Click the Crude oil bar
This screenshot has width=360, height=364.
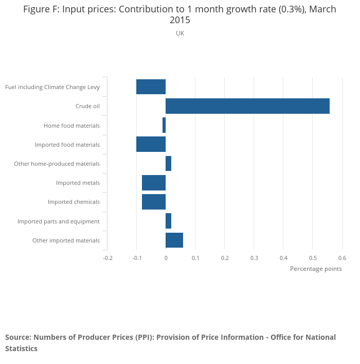(x=247, y=106)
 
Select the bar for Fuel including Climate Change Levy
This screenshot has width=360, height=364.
(x=151, y=87)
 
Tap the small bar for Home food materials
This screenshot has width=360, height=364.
(x=164, y=125)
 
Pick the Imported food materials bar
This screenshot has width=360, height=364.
(x=151, y=145)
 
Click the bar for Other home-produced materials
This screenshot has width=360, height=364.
(x=168, y=164)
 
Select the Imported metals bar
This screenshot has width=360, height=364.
(x=154, y=183)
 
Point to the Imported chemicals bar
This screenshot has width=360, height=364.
(x=154, y=202)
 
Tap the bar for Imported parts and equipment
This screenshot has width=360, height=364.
(x=168, y=221)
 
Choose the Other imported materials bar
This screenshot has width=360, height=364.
(x=174, y=240)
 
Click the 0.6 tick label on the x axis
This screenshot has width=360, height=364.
(x=342, y=258)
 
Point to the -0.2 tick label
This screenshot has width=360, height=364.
(x=107, y=258)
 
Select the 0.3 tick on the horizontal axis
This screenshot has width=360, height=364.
(x=254, y=258)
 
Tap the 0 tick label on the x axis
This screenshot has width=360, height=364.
(x=166, y=258)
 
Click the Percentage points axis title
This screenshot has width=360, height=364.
(x=316, y=269)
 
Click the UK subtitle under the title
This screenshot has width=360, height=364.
(x=180, y=33)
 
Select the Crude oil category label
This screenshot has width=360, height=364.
(x=87, y=107)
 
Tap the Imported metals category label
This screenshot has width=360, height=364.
(x=78, y=183)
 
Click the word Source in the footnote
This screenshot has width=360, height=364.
(x=19, y=337)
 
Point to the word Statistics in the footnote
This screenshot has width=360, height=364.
(x=21, y=349)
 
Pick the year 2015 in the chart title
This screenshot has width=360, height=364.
(x=180, y=21)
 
